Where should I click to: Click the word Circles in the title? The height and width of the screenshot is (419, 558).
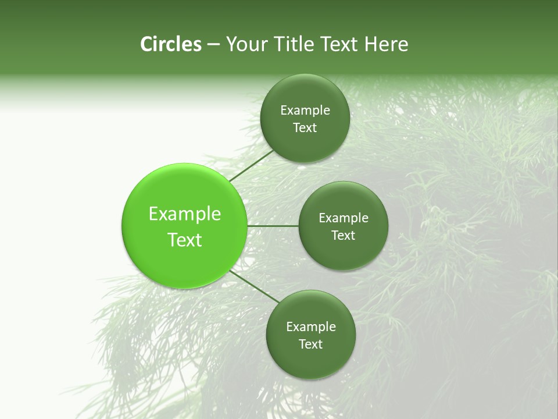click(170, 44)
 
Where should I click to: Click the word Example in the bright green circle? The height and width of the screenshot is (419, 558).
click(185, 214)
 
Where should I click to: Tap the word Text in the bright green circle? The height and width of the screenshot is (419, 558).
click(185, 240)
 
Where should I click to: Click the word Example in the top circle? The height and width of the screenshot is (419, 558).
click(305, 111)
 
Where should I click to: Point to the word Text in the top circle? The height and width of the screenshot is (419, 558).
click(305, 128)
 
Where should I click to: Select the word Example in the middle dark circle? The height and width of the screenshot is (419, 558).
click(344, 218)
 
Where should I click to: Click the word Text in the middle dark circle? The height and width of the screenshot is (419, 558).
click(344, 235)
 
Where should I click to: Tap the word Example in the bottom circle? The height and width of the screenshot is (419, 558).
click(311, 327)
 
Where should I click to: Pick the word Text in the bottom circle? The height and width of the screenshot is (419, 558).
click(311, 344)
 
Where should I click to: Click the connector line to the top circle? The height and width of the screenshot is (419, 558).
click(251, 165)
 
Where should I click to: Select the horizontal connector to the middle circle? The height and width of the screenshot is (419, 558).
click(273, 226)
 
